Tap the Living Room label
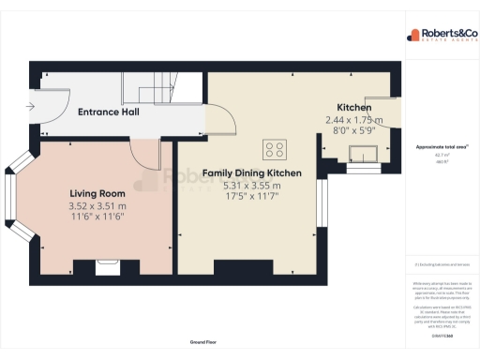97,193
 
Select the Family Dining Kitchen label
252,173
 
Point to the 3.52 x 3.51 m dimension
97,205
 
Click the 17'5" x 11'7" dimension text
252,197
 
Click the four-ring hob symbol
276,148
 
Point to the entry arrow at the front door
32,106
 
